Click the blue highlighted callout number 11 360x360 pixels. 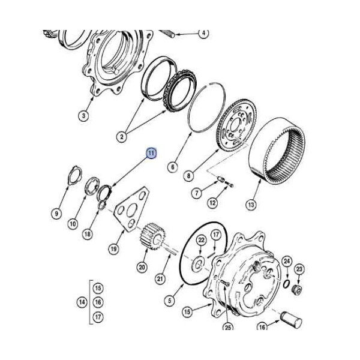151,152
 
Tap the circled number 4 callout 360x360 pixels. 203,34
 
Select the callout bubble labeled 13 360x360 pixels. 251,204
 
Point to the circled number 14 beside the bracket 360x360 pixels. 82,302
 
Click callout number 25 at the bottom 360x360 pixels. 228,327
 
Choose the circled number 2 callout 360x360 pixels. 122,137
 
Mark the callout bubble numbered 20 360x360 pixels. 142,267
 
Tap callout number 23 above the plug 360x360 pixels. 299,269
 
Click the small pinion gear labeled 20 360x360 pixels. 152,236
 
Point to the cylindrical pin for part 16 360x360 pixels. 292,319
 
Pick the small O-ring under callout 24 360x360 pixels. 286,284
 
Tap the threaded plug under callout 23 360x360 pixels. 297,290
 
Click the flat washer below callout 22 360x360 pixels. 198,263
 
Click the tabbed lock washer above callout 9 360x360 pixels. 76,175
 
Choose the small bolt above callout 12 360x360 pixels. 229,184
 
